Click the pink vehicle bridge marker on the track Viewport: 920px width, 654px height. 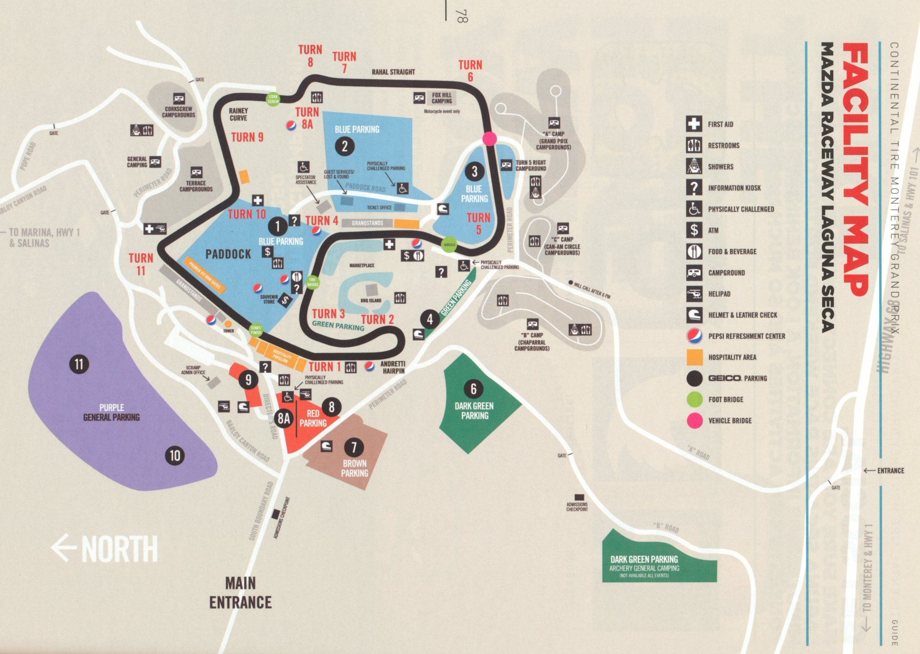(489, 138)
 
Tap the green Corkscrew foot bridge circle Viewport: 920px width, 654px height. (273, 99)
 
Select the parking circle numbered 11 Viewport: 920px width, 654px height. (79, 364)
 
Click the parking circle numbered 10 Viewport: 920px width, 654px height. (175, 455)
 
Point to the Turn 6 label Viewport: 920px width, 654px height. (470, 70)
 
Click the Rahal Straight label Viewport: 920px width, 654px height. (393, 72)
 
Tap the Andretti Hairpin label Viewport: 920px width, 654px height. (393, 367)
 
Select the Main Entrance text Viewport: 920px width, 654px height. (241, 593)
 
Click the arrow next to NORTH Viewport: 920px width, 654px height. (64, 548)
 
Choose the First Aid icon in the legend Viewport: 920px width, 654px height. (694, 124)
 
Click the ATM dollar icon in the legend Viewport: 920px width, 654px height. (694, 230)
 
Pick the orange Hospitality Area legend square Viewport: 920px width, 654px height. (694, 357)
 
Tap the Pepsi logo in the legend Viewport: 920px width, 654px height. (694, 336)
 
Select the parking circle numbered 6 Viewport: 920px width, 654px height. (473, 389)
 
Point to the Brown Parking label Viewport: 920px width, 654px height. (355, 468)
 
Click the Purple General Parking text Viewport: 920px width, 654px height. (112, 412)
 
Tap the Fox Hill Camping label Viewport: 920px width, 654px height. (441, 98)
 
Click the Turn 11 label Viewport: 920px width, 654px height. (141, 264)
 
